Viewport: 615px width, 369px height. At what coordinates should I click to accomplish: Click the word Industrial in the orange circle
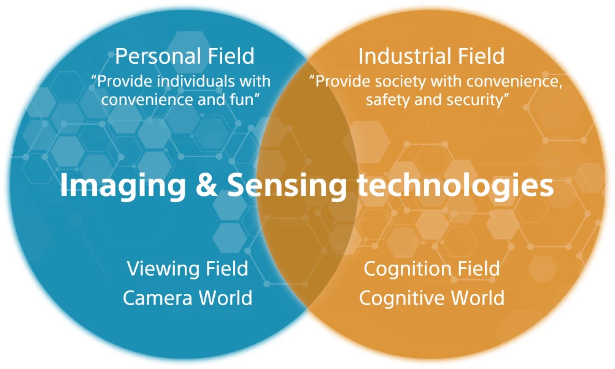(396, 56)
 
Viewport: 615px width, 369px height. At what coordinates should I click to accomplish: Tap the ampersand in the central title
(206, 186)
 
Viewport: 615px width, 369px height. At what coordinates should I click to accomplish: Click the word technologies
(455, 186)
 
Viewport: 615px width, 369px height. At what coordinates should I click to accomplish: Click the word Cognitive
(401, 298)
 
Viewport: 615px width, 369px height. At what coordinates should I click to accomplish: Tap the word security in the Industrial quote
(479, 99)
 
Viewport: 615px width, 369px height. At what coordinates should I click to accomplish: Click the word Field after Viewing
(224, 268)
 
